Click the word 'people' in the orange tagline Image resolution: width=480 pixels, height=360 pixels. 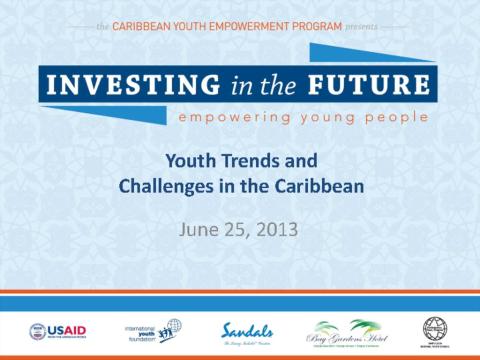pos(394,118)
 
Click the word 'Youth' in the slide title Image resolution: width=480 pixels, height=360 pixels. pos(188,160)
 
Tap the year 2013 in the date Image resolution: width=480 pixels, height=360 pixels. pos(276,228)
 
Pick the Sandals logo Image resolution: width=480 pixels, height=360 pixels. pos(245,330)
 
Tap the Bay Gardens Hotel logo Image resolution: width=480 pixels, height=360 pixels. pos(343,330)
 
